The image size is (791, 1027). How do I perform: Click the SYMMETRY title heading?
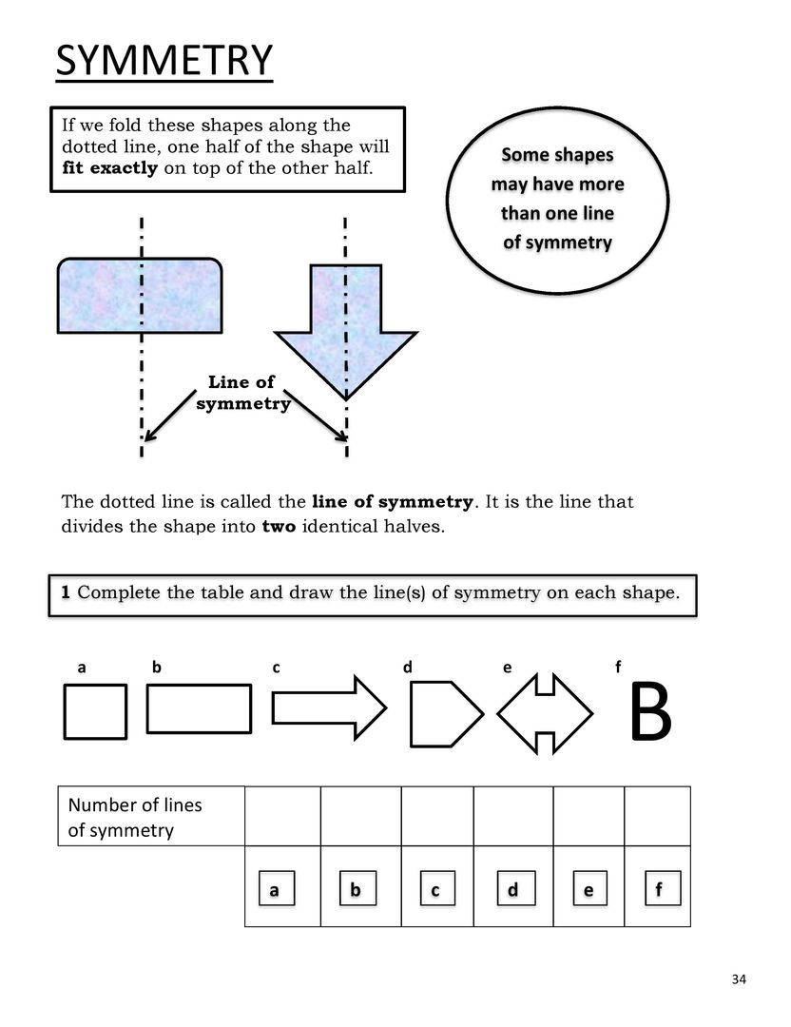pyautogui.click(x=164, y=61)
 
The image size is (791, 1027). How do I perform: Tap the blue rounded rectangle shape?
pyautogui.click(x=141, y=295)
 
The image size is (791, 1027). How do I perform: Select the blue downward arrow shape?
pyautogui.click(x=345, y=328)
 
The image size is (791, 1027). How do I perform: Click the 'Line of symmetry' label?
pyautogui.click(x=242, y=393)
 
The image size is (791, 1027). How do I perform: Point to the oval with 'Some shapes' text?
pyautogui.click(x=557, y=198)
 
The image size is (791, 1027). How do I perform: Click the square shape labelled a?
pyautogui.click(x=95, y=711)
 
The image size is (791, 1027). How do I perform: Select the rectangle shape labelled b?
pyautogui.click(x=200, y=709)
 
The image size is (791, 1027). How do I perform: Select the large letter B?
pyautogui.click(x=651, y=714)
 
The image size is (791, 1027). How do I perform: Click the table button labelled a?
pyautogui.click(x=274, y=891)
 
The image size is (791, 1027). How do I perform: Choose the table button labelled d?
pyautogui.click(x=512, y=891)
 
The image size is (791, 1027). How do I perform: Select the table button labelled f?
pyautogui.click(x=658, y=891)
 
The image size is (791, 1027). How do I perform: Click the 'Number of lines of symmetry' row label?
pyautogui.click(x=135, y=818)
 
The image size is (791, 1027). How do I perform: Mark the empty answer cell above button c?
pyautogui.click(x=436, y=816)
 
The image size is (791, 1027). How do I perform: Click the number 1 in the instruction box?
pyautogui.click(x=66, y=592)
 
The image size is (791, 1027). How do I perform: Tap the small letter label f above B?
pyautogui.click(x=618, y=668)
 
